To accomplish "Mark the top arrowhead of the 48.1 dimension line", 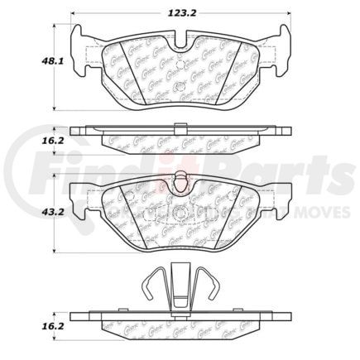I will coord(55,25).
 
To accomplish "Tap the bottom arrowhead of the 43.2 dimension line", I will coord(55,252).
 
